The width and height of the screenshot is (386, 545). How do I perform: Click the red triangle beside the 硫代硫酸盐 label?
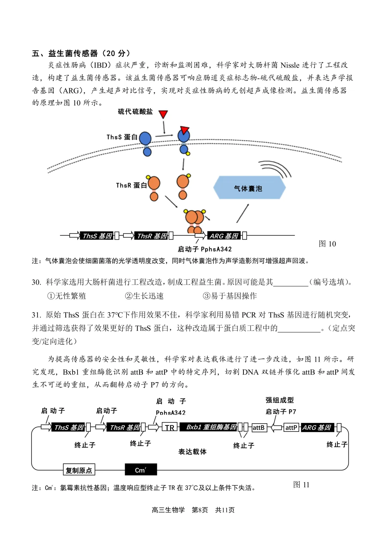click(163, 114)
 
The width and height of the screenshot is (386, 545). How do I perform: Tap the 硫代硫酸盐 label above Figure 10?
click(135, 112)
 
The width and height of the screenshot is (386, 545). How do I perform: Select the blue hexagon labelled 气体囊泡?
click(249, 188)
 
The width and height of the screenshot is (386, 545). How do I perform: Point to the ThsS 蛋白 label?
click(122, 137)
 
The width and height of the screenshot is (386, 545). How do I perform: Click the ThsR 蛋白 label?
click(131, 185)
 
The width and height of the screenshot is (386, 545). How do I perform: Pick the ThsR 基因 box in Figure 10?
click(152, 236)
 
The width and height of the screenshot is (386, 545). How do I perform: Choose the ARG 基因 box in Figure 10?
click(224, 236)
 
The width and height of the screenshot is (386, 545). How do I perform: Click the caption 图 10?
click(327, 244)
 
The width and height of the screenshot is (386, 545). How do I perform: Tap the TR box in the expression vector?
click(170, 427)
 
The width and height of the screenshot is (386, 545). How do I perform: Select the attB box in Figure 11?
click(259, 427)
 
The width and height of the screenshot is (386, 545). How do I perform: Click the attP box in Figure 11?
click(291, 427)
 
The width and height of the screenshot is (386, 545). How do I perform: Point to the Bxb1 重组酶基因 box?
click(211, 427)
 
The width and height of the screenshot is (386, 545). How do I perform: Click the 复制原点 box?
click(79, 470)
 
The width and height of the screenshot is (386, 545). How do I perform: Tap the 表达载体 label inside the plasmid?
click(192, 452)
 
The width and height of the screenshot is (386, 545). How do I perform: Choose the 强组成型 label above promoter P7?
click(279, 400)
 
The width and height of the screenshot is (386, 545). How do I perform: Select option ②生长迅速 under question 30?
click(144, 296)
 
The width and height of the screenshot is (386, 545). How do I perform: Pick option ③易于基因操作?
click(230, 296)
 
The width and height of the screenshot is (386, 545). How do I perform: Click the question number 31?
click(36, 315)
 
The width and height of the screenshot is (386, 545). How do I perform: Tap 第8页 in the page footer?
click(199, 510)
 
